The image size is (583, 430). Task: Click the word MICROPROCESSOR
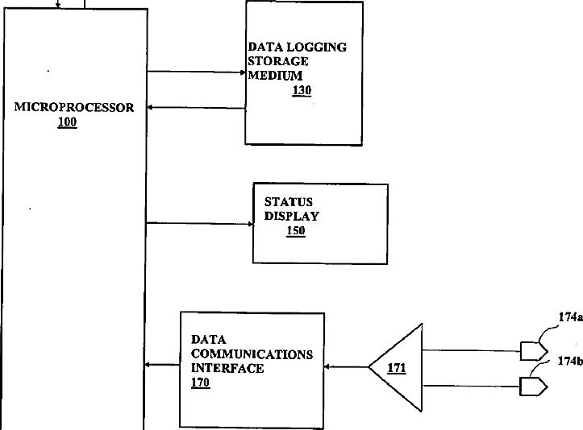[74, 107]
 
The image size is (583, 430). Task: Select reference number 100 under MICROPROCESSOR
[68, 122]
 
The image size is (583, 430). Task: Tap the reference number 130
[301, 90]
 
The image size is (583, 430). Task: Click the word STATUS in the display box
[288, 201]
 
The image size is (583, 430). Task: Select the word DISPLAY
[292, 216]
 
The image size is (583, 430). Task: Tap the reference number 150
[296, 232]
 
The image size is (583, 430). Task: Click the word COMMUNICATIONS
[252, 354]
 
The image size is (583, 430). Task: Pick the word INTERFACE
[227, 369]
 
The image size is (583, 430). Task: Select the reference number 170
[201, 383]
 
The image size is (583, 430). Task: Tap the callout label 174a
[569, 317]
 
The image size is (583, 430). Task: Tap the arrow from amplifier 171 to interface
[346, 367]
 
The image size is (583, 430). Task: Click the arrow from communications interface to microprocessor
[162, 366]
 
